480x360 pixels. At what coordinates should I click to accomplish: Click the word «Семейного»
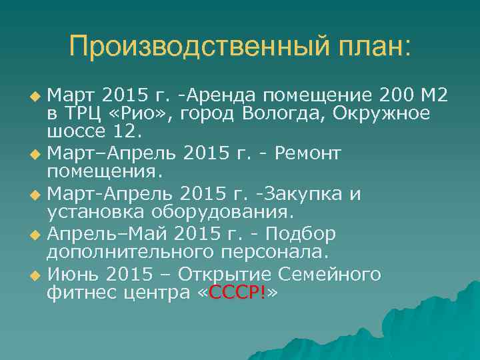(x=338, y=275)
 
